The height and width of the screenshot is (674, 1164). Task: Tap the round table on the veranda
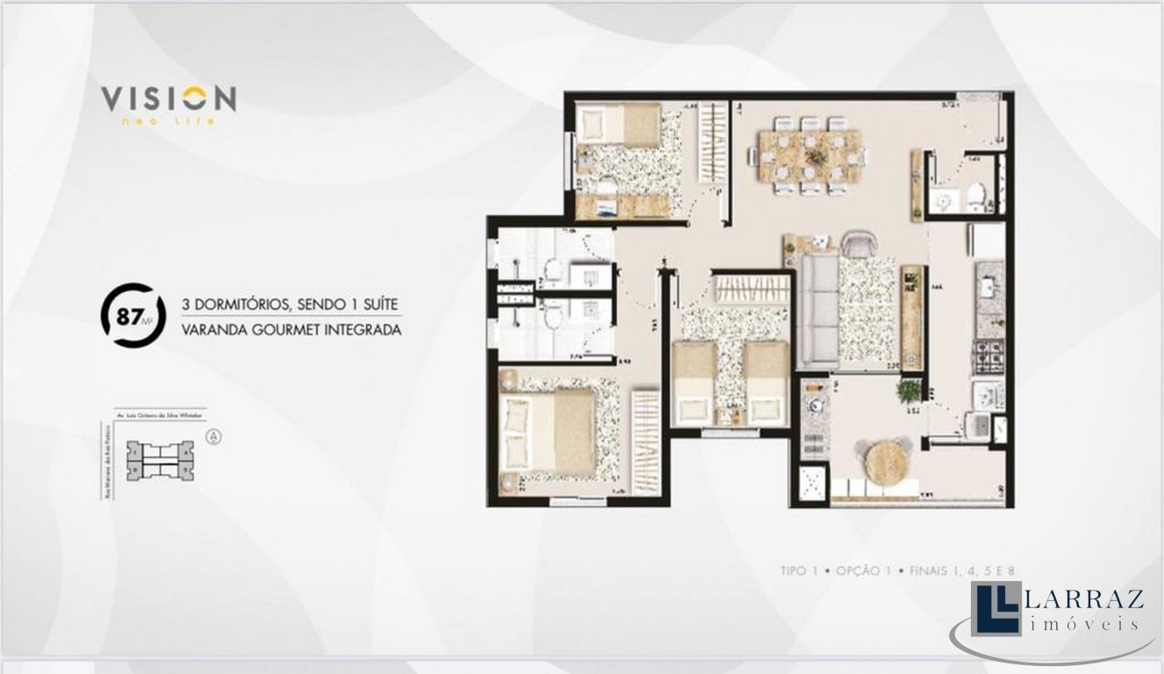click(x=887, y=461)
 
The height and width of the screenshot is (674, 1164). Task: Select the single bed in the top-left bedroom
click(x=619, y=124)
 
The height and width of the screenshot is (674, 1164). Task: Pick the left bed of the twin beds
click(x=694, y=384)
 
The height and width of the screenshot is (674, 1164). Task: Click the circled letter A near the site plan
click(x=212, y=435)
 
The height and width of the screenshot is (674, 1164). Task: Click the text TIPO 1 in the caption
click(x=799, y=570)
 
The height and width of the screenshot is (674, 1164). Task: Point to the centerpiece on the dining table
click(x=816, y=155)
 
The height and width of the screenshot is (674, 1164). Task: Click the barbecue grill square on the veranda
click(x=812, y=484)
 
